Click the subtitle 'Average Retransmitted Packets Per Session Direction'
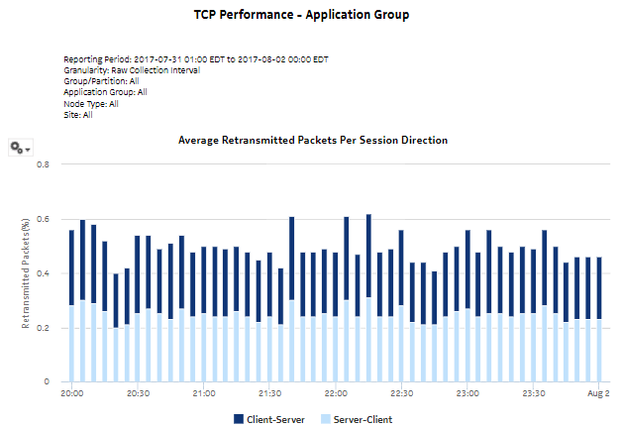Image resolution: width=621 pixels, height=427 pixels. click(x=312, y=141)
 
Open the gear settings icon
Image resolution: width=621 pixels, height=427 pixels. click(x=19, y=147)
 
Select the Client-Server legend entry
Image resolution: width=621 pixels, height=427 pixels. click(x=269, y=419)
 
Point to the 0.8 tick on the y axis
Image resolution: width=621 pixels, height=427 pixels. click(x=43, y=164)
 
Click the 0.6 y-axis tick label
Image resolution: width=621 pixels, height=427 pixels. click(x=43, y=219)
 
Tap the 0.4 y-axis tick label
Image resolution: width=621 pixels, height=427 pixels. click(x=43, y=273)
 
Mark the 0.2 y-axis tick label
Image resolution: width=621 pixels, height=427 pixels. click(x=43, y=328)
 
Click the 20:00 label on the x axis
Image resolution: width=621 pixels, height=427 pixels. click(x=72, y=393)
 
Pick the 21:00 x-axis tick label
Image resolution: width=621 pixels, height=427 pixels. click(x=204, y=393)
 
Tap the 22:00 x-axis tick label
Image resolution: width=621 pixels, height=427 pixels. click(x=336, y=393)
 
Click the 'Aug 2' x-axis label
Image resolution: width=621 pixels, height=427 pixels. click(x=598, y=393)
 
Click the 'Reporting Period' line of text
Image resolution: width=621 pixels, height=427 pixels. click(x=196, y=59)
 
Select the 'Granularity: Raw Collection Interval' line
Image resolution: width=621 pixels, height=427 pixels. click(x=132, y=70)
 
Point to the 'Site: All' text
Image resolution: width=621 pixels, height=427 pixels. click(x=78, y=114)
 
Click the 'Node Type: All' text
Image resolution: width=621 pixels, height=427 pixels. click(x=91, y=103)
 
